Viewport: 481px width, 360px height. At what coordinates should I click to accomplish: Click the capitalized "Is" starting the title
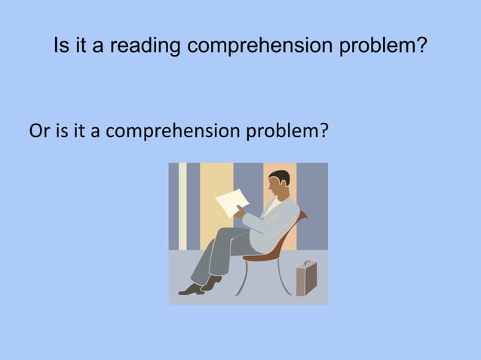point(61,47)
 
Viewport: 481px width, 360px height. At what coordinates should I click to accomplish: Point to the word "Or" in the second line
point(38,133)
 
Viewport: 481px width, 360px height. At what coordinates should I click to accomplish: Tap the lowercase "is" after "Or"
point(61,133)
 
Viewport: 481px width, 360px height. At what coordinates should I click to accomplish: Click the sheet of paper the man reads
point(231,202)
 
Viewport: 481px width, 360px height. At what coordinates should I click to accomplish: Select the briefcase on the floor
point(306,279)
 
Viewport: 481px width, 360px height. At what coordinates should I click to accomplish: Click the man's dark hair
point(280,178)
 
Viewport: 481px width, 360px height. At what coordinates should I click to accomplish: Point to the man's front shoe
point(190,290)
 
